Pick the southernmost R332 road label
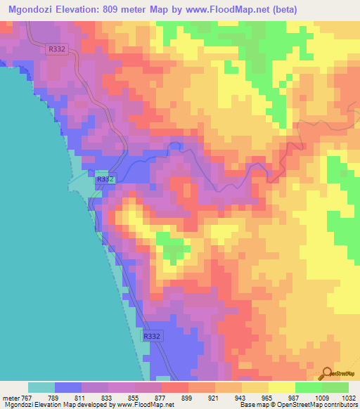click(x=152, y=337)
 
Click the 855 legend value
click(x=134, y=398)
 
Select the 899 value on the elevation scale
click(x=188, y=398)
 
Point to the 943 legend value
click(x=241, y=398)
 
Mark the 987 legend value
click(x=295, y=398)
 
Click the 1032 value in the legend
click(x=348, y=398)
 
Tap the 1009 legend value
click(x=321, y=398)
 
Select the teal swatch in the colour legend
click(x=41, y=387)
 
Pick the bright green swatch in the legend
click(x=308, y=387)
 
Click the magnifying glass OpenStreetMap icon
click(x=328, y=373)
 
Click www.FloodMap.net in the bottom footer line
click(x=149, y=405)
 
